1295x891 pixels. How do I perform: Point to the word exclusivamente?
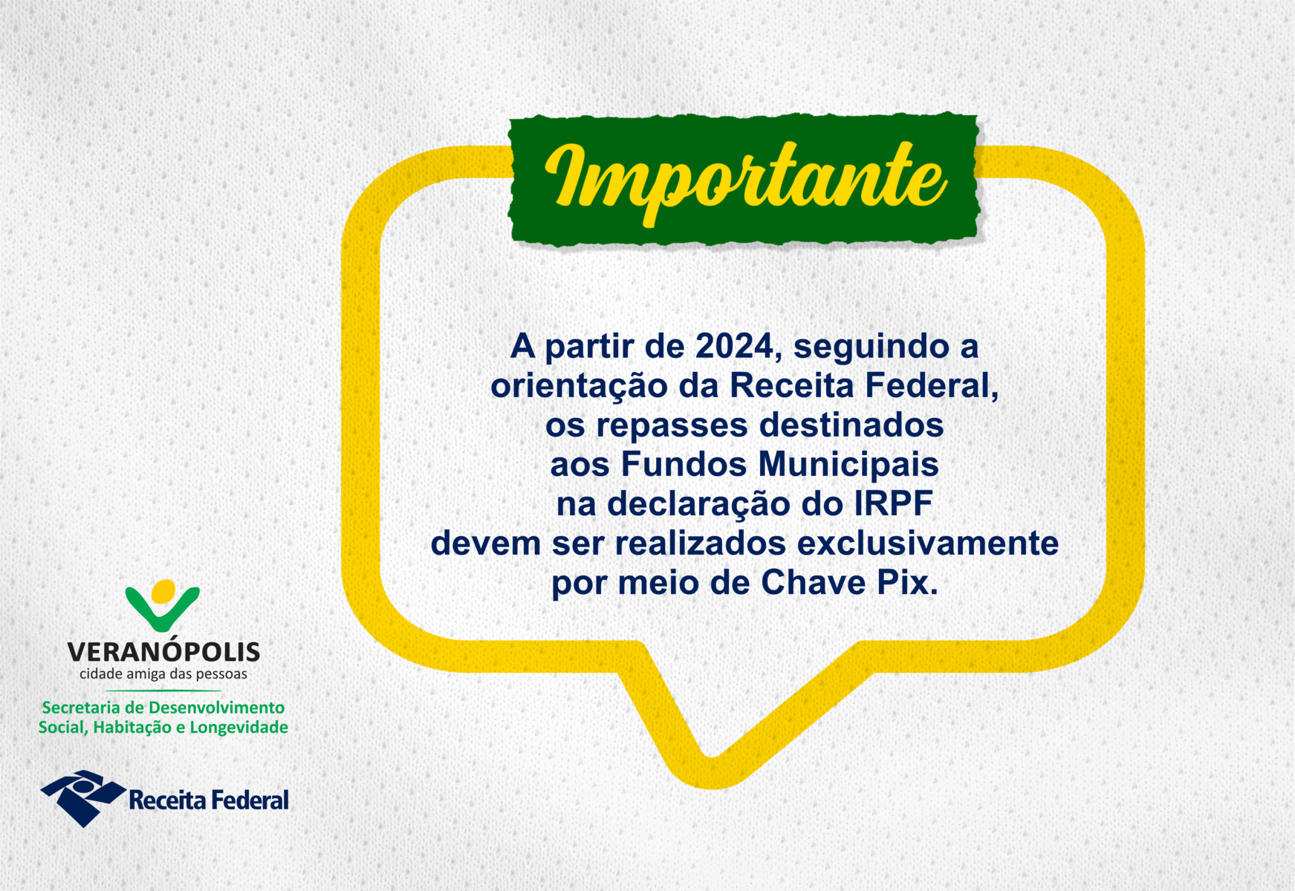click(928, 544)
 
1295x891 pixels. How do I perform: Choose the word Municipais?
click(848, 465)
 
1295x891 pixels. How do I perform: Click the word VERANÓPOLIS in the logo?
click(163, 652)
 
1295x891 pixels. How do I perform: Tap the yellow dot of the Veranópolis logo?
click(163, 591)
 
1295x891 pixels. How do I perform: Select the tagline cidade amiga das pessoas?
click(163, 674)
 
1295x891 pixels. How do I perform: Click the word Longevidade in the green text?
click(238, 728)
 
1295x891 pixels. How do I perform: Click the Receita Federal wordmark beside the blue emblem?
click(209, 800)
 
